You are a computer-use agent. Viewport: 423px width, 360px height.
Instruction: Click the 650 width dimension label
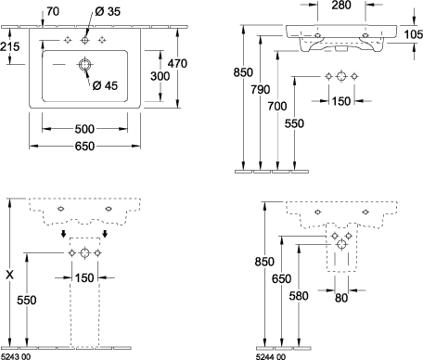[84, 146]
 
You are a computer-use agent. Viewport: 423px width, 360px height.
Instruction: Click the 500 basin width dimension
[84, 129]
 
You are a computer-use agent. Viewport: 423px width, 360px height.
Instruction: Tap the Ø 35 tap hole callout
[108, 11]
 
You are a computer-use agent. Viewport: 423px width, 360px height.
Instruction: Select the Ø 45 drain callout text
[105, 85]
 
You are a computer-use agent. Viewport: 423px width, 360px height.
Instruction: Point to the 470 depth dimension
[177, 63]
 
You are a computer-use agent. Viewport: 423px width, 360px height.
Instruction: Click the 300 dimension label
[160, 76]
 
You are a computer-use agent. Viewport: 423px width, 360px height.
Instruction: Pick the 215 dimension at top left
[9, 46]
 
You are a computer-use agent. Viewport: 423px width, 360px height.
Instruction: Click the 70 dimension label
[53, 11]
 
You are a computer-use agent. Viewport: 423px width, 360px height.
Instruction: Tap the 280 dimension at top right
[341, 5]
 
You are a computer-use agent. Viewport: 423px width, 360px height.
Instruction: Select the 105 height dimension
[414, 34]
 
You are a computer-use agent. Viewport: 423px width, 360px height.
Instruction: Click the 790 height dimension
[261, 89]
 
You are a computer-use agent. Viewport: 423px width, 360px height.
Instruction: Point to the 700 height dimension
[277, 106]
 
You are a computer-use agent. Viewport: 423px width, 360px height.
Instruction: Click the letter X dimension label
[10, 275]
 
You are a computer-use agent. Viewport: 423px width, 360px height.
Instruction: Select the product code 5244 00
[271, 356]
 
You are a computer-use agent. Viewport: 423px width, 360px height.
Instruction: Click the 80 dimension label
[341, 298]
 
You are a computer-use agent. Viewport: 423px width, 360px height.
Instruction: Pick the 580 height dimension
[299, 296]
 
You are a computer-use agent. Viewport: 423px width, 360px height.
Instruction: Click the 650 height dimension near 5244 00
[282, 278]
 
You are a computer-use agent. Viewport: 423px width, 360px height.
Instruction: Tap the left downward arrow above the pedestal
[63, 234]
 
